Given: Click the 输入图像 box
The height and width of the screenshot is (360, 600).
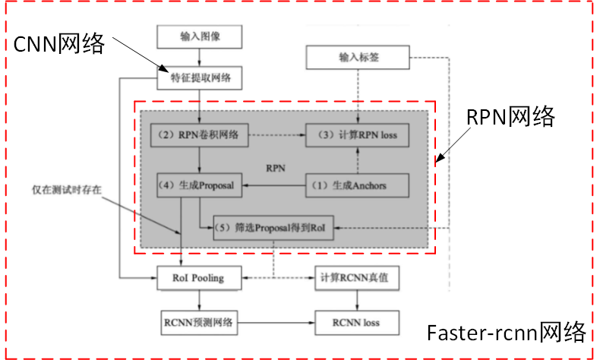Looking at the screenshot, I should tap(201, 36).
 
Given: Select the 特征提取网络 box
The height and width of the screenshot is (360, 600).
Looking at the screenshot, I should tap(201, 76).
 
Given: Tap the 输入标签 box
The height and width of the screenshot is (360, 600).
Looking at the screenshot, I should tap(357, 58).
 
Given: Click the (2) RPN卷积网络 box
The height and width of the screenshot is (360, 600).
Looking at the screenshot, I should tap(200, 134).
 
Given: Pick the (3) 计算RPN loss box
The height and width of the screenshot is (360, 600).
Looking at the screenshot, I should tap(357, 134).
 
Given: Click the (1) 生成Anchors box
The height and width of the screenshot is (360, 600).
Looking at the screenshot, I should tap(357, 185).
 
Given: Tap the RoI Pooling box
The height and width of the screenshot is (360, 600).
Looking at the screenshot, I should tap(201, 277).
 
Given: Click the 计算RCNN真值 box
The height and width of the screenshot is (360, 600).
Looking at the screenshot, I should tap(357, 277).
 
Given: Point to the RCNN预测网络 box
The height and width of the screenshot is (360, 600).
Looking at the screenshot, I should tap(201, 322).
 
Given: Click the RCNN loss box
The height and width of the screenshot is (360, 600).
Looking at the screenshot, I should tap(357, 322).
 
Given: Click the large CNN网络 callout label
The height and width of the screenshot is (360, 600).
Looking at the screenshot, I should tap(59, 44).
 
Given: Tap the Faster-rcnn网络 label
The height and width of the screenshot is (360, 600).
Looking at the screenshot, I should tap(506, 333).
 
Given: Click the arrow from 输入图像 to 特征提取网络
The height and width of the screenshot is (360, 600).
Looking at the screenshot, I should tap(201, 55).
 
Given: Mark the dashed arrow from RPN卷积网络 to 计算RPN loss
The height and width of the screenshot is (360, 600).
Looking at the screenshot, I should tap(278, 135).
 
